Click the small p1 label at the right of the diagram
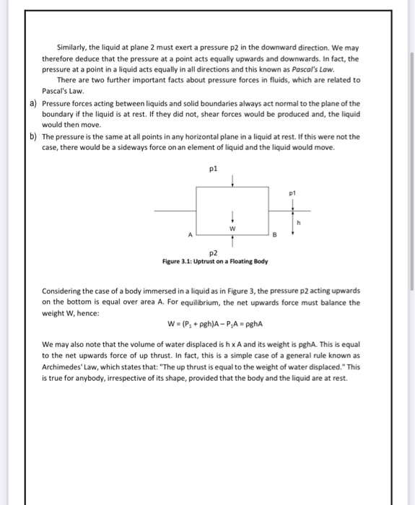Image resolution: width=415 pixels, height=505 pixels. click(292, 193)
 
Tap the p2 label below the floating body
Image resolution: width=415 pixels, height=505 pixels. click(212, 253)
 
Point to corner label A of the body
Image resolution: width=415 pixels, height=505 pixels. click(191, 234)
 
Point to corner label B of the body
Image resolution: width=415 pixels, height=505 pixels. click(275, 234)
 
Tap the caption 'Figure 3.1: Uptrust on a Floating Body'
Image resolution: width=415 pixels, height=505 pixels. click(216, 260)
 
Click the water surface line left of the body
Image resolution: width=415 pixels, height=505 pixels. click(173, 211)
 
